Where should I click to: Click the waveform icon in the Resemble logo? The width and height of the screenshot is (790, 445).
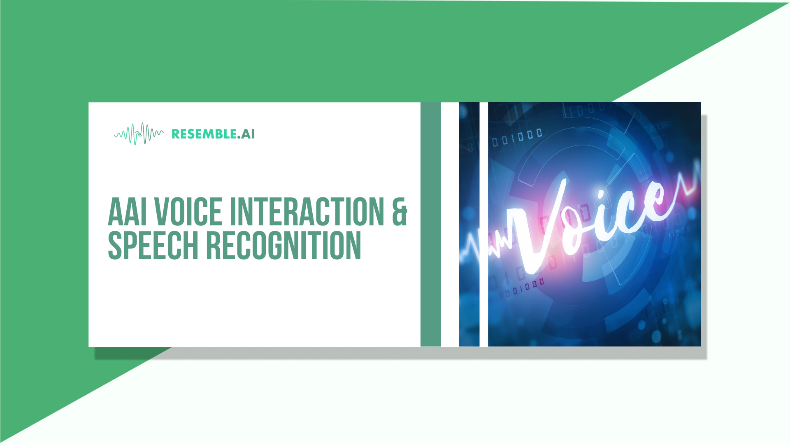(x=139, y=134)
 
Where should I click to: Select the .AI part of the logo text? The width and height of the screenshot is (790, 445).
(x=246, y=134)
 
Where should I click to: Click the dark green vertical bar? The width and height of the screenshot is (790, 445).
(x=431, y=224)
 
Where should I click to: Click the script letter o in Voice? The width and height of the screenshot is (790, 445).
(x=574, y=229)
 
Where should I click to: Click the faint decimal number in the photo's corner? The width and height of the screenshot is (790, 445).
(x=660, y=126)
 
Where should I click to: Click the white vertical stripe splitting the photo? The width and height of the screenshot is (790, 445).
(x=484, y=224)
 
